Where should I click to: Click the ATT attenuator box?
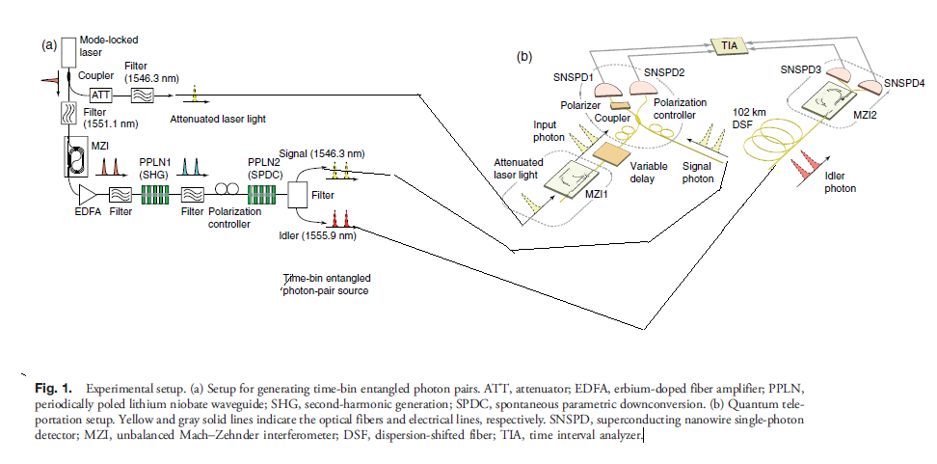coord(100,95)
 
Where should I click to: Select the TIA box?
coord(727,45)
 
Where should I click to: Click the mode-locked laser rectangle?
coord(69,52)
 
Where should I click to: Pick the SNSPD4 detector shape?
coord(869,87)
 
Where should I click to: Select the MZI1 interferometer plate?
coord(571,180)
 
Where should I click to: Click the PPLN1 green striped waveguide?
coord(155,194)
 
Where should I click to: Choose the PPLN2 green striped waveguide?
coord(262,195)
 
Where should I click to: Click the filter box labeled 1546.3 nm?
coord(143,95)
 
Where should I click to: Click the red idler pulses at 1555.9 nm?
coord(340,219)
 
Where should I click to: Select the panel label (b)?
coord(524,57)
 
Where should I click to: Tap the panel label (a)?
coord(49,44)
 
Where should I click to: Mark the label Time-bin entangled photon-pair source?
coord(326,285)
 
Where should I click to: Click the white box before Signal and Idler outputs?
coord(297,195)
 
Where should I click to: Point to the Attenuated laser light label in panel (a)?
coord(218,119)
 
